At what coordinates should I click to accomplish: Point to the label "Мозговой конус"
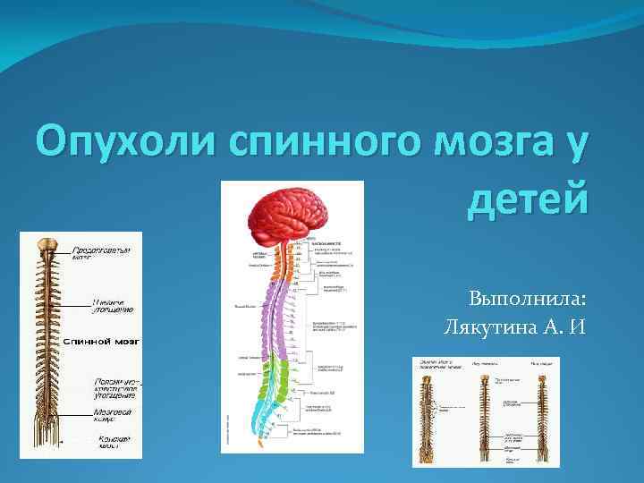[x=113, y=416]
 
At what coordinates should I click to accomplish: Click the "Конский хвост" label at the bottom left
[x=114, y=442]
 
